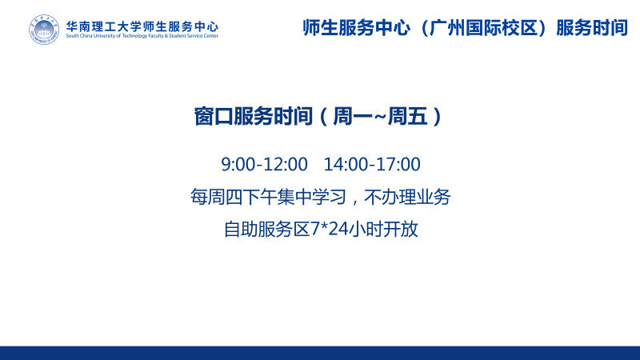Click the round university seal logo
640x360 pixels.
point(44,30)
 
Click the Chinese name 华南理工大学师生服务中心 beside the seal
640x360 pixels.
point(142,26)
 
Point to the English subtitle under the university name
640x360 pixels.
point(142,36)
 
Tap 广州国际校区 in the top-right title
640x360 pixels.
point(483,28)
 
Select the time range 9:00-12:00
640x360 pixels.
point(264,164)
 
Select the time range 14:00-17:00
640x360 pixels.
point(372,164)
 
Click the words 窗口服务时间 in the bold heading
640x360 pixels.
point(253,116)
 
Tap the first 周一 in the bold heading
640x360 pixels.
point(353,116)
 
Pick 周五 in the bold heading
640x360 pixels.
point(407,116)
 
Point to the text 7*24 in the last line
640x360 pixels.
point(330,229)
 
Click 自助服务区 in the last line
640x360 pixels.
point(267,229)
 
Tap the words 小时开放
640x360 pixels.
point(384,229)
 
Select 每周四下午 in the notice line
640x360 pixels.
point(234,197)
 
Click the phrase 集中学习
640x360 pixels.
point(311,197)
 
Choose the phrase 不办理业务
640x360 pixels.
point(407,197)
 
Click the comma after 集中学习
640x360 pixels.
point(354,202)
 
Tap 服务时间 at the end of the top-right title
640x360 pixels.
point(592,28)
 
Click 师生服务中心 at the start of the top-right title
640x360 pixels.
point(357,28)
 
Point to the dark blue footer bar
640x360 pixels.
point(320,353)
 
